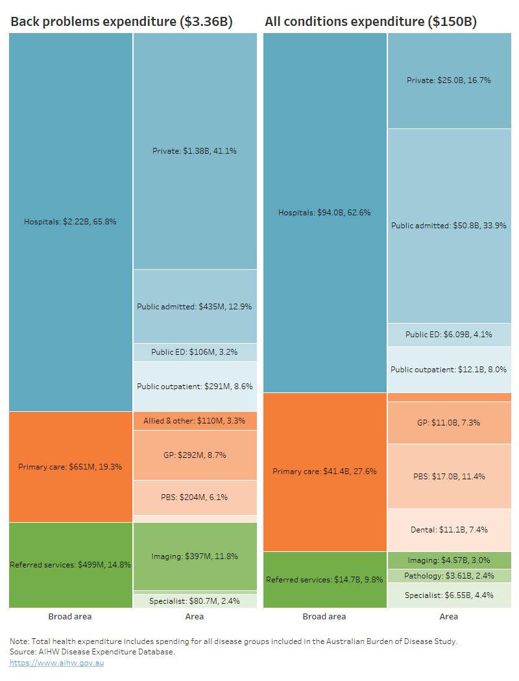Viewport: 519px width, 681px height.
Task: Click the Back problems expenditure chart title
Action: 121,22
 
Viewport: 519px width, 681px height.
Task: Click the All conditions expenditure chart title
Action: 370,22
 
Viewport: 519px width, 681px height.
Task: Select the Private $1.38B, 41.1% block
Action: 195,150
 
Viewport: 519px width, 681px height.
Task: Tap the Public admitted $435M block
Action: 195,306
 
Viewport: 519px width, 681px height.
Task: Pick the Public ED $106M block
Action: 195,352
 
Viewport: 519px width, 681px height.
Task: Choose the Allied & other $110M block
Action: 195,421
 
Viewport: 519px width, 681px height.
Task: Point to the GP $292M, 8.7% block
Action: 195,455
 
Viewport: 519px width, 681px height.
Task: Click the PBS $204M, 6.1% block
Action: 195,497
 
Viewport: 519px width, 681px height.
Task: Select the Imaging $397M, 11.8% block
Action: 195,556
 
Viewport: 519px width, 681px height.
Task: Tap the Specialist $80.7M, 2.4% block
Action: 195,601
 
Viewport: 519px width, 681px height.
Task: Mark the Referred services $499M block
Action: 71,565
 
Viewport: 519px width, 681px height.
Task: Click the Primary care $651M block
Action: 71,466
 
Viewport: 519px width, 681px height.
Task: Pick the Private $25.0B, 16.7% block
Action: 449,80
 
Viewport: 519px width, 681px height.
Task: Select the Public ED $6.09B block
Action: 449,335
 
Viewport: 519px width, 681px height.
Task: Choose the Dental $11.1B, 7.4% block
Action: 449,530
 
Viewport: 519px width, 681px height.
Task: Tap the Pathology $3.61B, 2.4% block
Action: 449,576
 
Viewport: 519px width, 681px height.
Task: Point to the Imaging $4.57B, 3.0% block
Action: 449,560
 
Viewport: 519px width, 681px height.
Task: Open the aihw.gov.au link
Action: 56,663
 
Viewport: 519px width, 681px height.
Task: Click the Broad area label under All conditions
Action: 324,617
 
